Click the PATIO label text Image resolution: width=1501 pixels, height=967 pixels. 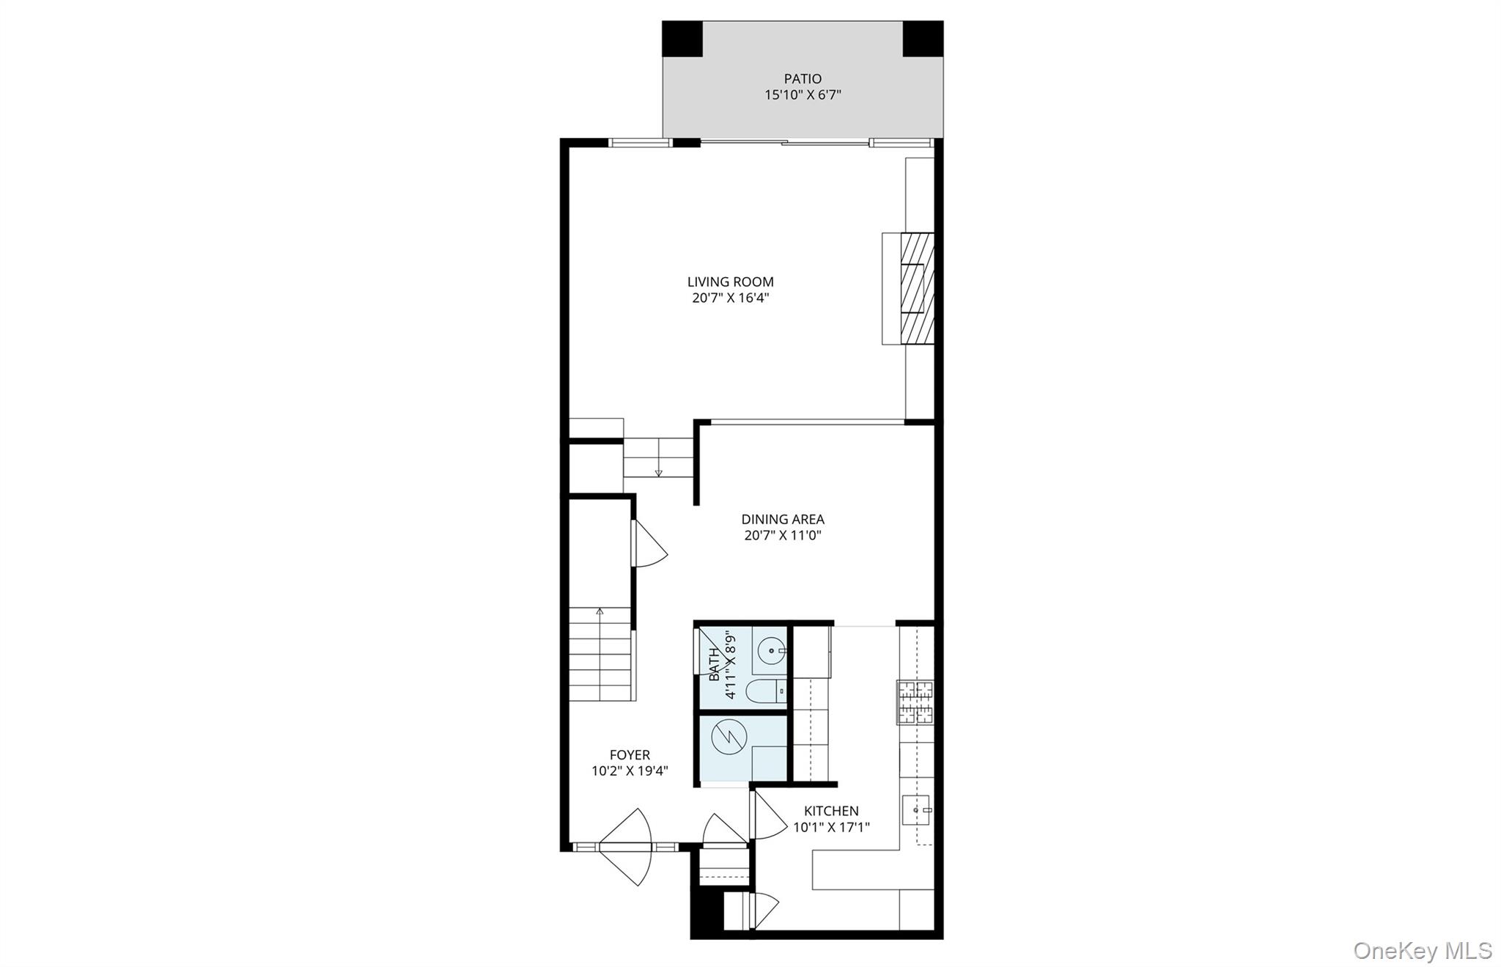tap(803, 78)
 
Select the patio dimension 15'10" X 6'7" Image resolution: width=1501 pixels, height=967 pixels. tap(803, 95)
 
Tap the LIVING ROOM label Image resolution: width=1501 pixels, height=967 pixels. tap(730, 282)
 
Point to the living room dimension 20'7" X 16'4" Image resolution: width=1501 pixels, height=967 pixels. tap(730, 298)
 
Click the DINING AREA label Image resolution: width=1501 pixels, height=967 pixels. tap(783, 519)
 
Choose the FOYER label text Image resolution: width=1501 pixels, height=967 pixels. tap(630, 754)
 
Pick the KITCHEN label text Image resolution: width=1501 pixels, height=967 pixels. tap(831, 811)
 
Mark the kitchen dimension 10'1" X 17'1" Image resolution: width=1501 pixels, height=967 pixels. tap(831, 827)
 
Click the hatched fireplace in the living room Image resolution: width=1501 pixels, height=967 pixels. tap(917, 288)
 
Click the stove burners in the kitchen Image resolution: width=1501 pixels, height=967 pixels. tap(915, 702)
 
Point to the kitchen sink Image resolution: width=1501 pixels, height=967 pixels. tap(916, 810)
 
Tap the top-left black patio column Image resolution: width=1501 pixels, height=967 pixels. tap(682, 39)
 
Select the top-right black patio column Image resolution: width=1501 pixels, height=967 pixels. tap(923, 39)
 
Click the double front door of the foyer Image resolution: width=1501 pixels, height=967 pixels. tap(625, 847)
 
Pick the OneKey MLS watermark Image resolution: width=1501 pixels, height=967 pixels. tap(1422, 950)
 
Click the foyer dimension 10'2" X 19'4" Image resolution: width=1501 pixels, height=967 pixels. tap(630, 771)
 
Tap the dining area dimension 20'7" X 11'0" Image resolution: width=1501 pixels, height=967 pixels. tap(783, 535)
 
